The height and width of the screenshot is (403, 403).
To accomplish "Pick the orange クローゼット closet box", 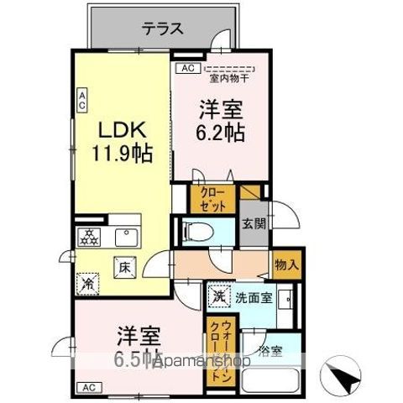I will [x=207, y=199].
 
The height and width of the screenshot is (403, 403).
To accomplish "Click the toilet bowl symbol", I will [x=199, y=230].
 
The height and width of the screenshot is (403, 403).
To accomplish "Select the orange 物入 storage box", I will [x=285, y=265].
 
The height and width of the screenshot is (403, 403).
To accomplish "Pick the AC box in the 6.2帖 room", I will [x=186, y=68].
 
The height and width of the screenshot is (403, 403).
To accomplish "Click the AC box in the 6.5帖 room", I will [x=87, y=387].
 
